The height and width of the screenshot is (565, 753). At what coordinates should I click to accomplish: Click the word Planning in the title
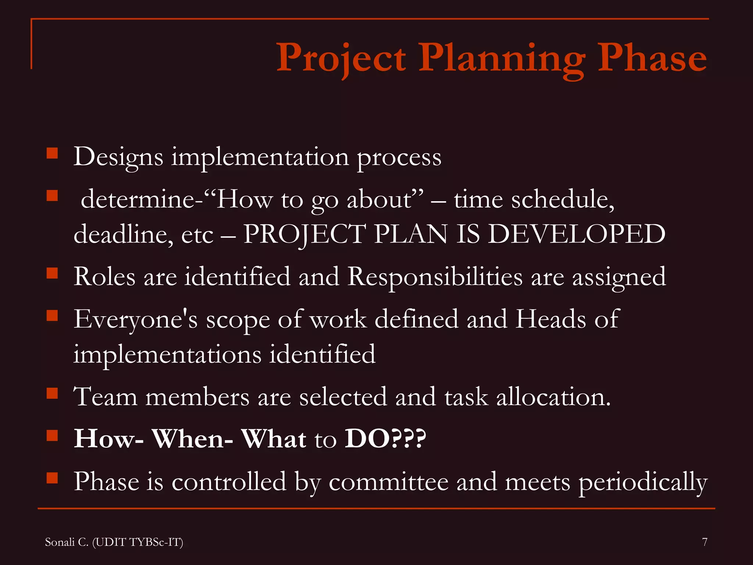(x=502, y=59)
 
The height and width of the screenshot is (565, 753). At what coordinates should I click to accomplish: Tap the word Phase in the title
(x=652, y=58)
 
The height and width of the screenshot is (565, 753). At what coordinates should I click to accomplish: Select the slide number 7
(x=704, y=542)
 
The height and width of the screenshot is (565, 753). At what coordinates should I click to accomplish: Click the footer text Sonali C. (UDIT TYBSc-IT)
(x=114, y=542)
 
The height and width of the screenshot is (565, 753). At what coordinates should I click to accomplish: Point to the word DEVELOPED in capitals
(x=577, y=234)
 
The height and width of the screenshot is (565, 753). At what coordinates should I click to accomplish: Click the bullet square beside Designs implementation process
(x=53, y=153)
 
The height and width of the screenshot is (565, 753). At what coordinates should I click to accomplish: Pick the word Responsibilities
(x=435, y=277)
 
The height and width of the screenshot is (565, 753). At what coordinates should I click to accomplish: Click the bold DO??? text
(x=385, y=438)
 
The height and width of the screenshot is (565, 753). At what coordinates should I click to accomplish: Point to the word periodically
(x=643, y=482)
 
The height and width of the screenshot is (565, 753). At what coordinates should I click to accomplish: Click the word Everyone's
(x=135, y=319)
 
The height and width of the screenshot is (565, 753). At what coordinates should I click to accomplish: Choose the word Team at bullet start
(x=106, y=397)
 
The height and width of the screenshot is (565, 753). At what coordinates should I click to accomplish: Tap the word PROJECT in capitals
(x=304, y=234)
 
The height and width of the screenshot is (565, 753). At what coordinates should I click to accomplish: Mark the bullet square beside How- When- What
(x=53, y=436)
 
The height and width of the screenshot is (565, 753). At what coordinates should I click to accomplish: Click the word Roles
(x=104, y=277)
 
